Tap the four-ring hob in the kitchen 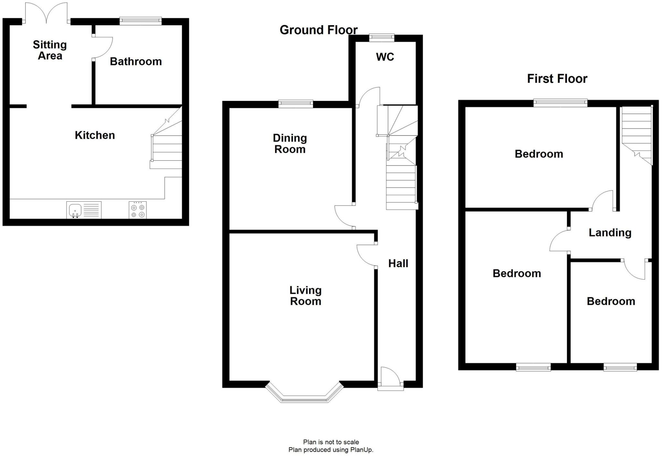click(x=138, y=210)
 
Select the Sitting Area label click(x=50, y=50)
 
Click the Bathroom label click(x=136, y=61)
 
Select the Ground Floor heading click(x=318, y=30)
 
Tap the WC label click(x=385, y=57)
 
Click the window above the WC click(x=382, y=37)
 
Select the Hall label click(x=398, y=263)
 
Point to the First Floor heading click(x=557, y=79)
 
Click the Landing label click(x=610, y=233)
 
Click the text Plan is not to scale click(x=331, y=442)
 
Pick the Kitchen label click(x=95, y=135)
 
